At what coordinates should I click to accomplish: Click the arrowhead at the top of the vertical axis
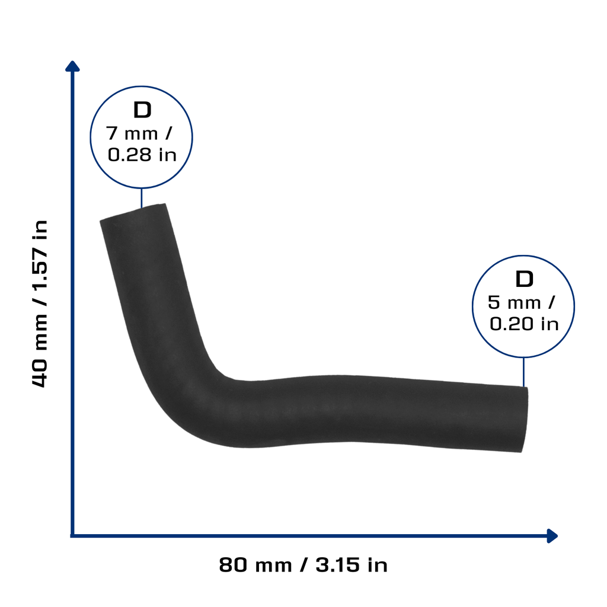72,66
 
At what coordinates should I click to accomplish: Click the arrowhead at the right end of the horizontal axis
552,536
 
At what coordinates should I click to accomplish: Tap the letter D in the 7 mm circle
142,110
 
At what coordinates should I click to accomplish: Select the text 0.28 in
142,155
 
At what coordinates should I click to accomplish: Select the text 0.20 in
524,324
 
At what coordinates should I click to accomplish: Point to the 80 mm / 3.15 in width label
303,565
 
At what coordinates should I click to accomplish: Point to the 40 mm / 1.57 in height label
40,303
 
